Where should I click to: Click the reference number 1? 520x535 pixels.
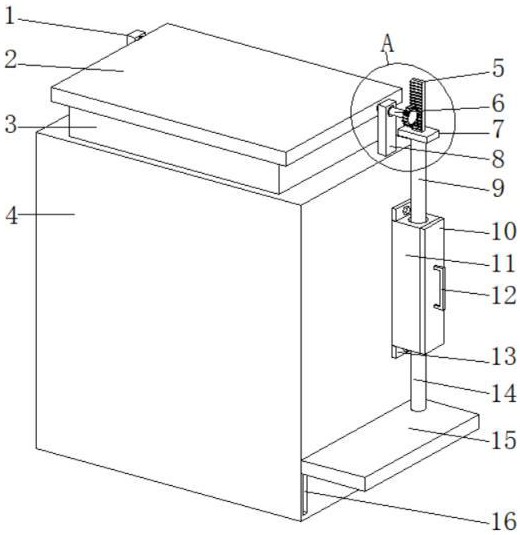(x=10, y=16)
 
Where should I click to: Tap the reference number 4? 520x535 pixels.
(x=12, y=215)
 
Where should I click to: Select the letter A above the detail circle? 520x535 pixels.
(x=388, y=44)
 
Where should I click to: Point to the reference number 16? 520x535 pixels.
(x=503, y=521)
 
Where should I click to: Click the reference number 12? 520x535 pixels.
(x=503, y=295)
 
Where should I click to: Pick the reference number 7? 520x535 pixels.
(x=498, y=129)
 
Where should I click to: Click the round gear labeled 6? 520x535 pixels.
(x=412, y=117)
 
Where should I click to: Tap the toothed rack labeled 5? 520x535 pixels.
(x=417, y=104)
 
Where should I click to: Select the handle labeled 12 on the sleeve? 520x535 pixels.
(x=440, y=288)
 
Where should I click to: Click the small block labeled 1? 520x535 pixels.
(x=136, y=37)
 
